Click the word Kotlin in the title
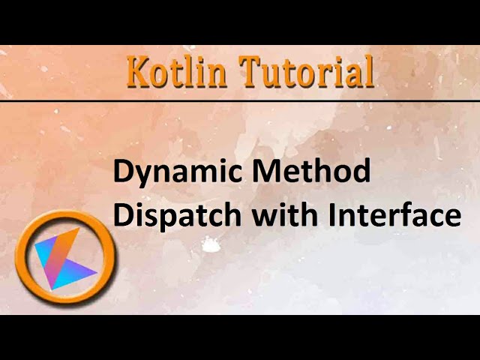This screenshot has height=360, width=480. (x=177, y=73)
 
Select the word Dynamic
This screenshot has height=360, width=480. (x=176, y=172)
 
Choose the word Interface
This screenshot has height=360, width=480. (x=394, y=215)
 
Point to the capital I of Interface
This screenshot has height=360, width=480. (x=332, y=215)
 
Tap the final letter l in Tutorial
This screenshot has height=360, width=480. (x=369, y=73)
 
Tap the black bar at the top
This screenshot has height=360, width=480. (x=240, y=22)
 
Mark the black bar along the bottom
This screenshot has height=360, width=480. (x=240, y=337)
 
